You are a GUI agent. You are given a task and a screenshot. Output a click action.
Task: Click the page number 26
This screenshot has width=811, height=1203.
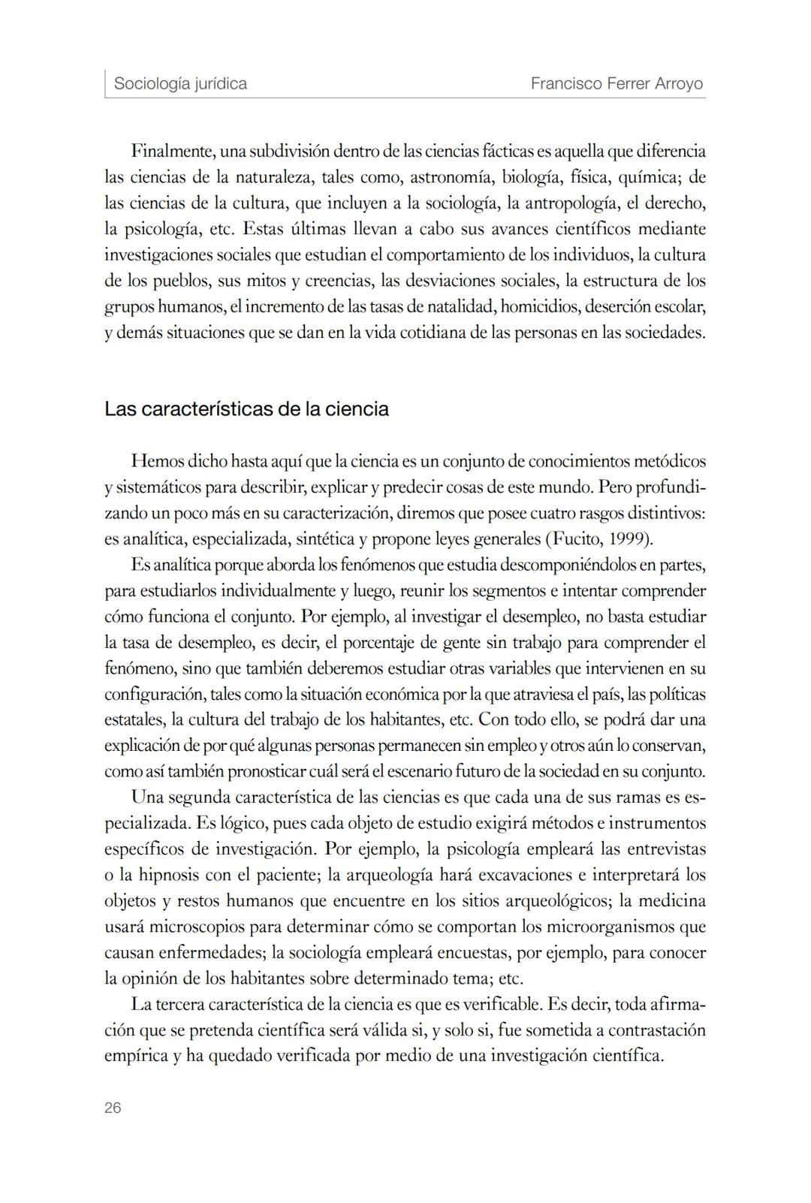[113, 1108]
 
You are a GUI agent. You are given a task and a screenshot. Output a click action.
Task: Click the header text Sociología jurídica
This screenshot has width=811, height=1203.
[180, 83]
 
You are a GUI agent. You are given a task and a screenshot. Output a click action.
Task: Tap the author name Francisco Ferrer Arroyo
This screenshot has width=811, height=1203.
[617, 83]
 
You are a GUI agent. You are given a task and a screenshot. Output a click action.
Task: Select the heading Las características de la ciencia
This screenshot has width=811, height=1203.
[246, 409]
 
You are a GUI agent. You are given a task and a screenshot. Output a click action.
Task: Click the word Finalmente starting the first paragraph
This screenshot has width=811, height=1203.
[172, 151]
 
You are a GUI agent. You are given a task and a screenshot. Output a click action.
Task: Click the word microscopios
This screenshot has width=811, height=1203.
[200, 927]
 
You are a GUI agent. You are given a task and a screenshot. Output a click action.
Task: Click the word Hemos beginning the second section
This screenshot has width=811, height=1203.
[156, 461]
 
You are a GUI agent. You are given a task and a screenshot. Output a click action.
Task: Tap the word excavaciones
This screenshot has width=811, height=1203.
[522, 875]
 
